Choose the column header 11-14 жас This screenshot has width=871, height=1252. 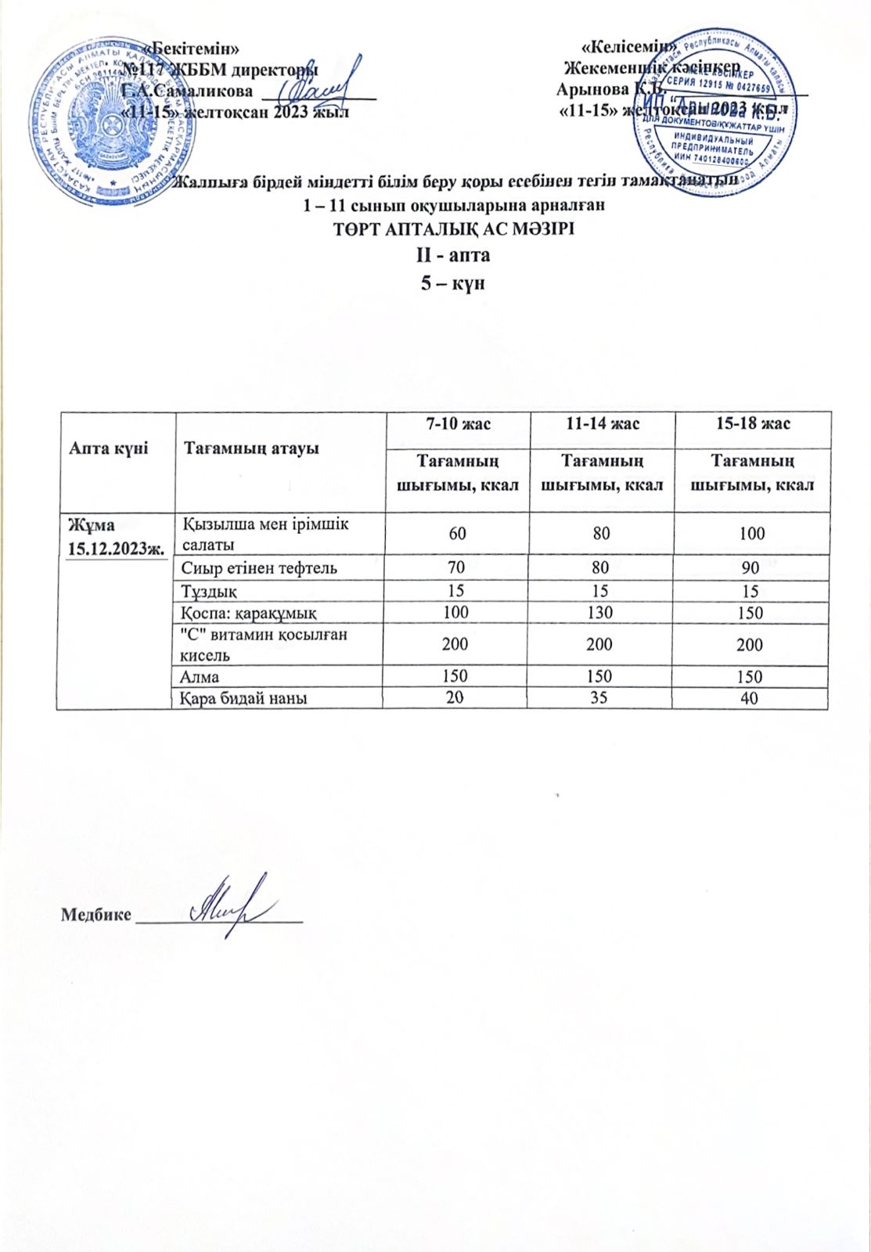coord(601,424)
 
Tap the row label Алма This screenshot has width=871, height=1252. coord(200,676)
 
